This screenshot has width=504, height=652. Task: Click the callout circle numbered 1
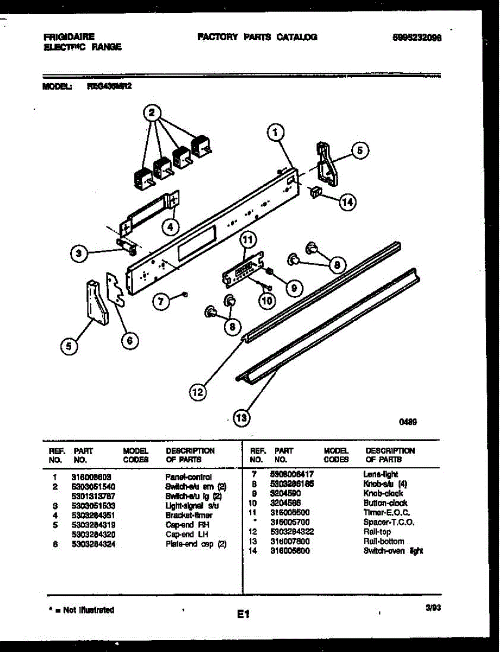point(276,131)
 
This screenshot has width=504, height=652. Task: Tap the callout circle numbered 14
point(346,202)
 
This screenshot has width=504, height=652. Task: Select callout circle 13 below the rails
point(240,417)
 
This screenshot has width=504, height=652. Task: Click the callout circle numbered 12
point(198,391)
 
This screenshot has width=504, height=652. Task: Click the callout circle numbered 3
point(79,253)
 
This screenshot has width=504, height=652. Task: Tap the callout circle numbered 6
point(129,341)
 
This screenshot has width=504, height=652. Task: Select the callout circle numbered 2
point(153,113)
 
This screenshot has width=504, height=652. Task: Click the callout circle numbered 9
point(294,288)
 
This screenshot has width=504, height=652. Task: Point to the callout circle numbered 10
point(266,300)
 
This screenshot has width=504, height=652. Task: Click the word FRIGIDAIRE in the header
point(69,37)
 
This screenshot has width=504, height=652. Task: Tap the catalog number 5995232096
point(416,37)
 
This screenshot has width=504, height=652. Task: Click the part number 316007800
point(289,542)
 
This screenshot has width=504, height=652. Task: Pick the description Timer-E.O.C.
point(387,513)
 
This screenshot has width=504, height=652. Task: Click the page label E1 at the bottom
point(242,615)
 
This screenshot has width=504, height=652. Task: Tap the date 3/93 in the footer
point(433,609)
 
